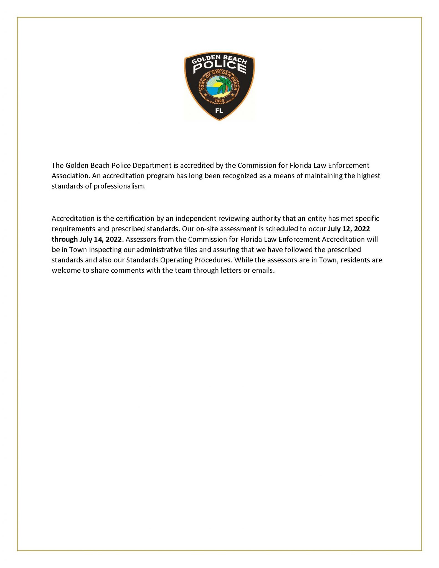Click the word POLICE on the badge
click(x=219, y=67)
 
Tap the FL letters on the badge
click(x=219, y=111)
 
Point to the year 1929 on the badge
click(x=219, y=100)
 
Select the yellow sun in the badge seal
click(x=213, y=83)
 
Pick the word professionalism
click(x=119, y=186)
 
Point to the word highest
click(x=369, y=176)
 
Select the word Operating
click(x=177, y=260)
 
